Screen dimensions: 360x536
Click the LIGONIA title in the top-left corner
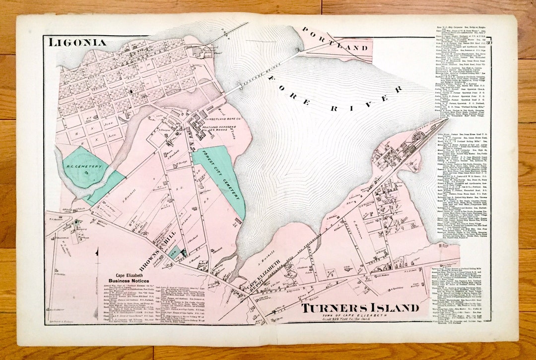[x=77, y=43]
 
